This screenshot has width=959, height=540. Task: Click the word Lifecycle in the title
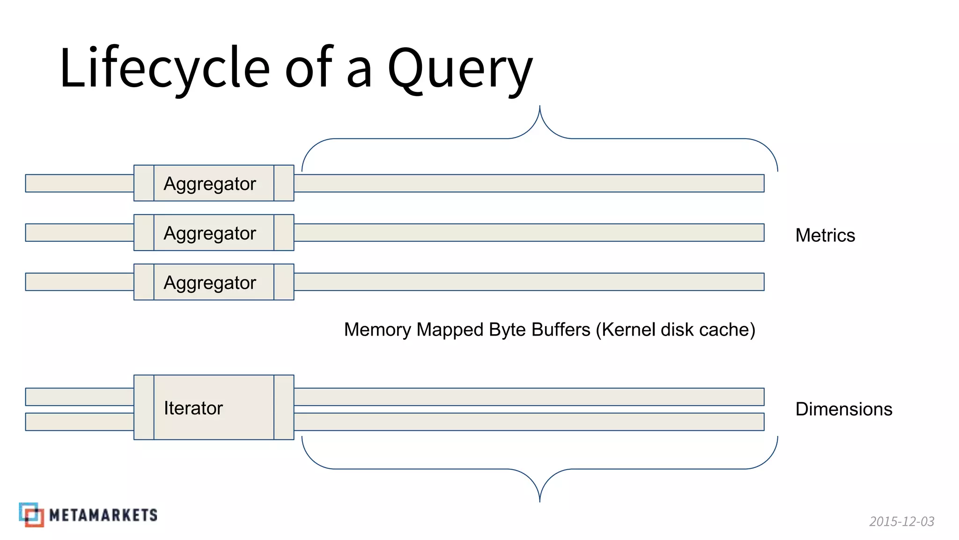tap(164, 68)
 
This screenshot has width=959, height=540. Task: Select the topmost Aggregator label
tap(210, 184)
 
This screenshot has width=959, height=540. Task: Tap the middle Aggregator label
tap(210, 233)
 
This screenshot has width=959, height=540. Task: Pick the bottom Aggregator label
tap(210, 283)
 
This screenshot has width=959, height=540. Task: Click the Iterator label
tap(193, 408)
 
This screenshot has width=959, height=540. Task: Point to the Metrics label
tap(825, 235)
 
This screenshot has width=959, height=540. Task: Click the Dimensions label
tap(844, 409)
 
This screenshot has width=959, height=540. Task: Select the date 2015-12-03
tap(901, 521)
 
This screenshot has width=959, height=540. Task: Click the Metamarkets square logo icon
tap(31, 515)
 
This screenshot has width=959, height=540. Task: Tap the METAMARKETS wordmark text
tap(103, 515)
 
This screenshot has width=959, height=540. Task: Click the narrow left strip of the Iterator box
tap(144, 407)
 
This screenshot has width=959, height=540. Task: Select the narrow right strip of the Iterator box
tap(284, 407)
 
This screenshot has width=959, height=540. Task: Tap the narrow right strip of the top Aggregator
tap(284, 183)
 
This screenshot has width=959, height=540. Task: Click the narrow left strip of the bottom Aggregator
tap(144, 282)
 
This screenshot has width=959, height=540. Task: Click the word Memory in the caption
tap(377, 330)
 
